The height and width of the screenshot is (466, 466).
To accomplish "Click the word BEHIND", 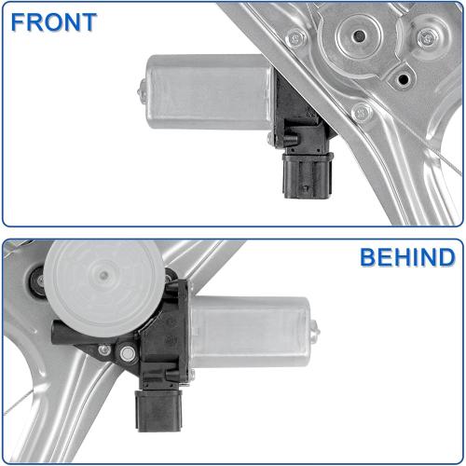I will pos(408,256).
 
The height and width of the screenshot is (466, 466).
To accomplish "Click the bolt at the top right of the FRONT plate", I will pos(426,38).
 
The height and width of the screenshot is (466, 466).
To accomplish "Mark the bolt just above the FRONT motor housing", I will pos(296,38).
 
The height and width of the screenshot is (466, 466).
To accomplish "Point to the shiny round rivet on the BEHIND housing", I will pos(125,352).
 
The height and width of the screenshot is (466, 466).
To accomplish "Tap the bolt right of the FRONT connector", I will pos(363,112).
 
